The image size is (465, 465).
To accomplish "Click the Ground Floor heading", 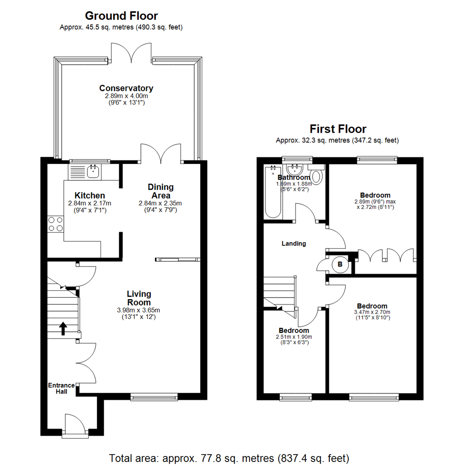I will tap(121, 16).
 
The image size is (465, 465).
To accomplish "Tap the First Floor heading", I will tap(338, 129).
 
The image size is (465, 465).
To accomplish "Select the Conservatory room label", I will tap(126, 88).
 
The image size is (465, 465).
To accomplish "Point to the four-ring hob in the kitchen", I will tap(55, 224).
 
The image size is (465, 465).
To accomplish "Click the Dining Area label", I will tap(161, 191).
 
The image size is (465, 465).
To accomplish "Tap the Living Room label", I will tap(139, 298).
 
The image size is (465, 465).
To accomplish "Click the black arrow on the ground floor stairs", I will tap(63, 328).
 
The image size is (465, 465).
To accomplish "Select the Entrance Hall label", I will tap(61, 388).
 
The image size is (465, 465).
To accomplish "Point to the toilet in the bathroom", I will tap(317, 176).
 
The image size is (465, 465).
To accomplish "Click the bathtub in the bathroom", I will tap(273, 192).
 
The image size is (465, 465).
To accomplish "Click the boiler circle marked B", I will tap(340, 264).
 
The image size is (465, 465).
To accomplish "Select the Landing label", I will tap(294, 244).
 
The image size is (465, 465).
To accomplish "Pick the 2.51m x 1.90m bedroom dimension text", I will tap(294, 337).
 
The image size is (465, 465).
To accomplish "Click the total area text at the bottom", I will tap(229, 457).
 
